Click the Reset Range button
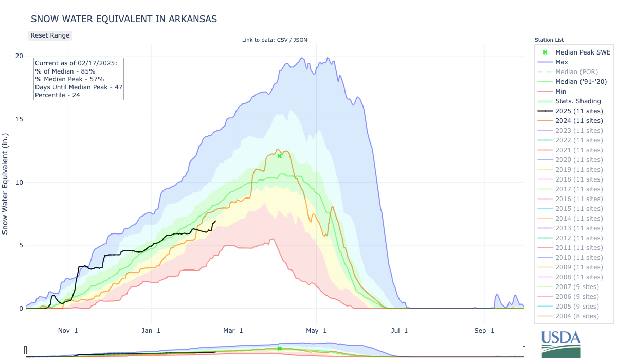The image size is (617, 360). (49, 35)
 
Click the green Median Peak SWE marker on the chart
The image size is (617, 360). (279, 156)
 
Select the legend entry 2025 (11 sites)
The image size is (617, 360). (579, 111)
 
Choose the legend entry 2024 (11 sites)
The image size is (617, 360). (579, 121)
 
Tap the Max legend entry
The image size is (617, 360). (562, 62)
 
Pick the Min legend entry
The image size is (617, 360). (561, 92)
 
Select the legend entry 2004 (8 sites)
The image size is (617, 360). (577, 316)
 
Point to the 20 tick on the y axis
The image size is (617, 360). (19, 56)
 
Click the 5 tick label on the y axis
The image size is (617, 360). (21, 245)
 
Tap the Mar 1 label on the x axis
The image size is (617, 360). (233, 330)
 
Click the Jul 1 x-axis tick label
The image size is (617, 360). (399, 330)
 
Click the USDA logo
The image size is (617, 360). (561, 344)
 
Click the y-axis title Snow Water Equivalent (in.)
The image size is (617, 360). (6, 182)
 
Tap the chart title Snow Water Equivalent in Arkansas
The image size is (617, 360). (124, 19)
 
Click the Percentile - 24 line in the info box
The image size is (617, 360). (58, 95)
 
